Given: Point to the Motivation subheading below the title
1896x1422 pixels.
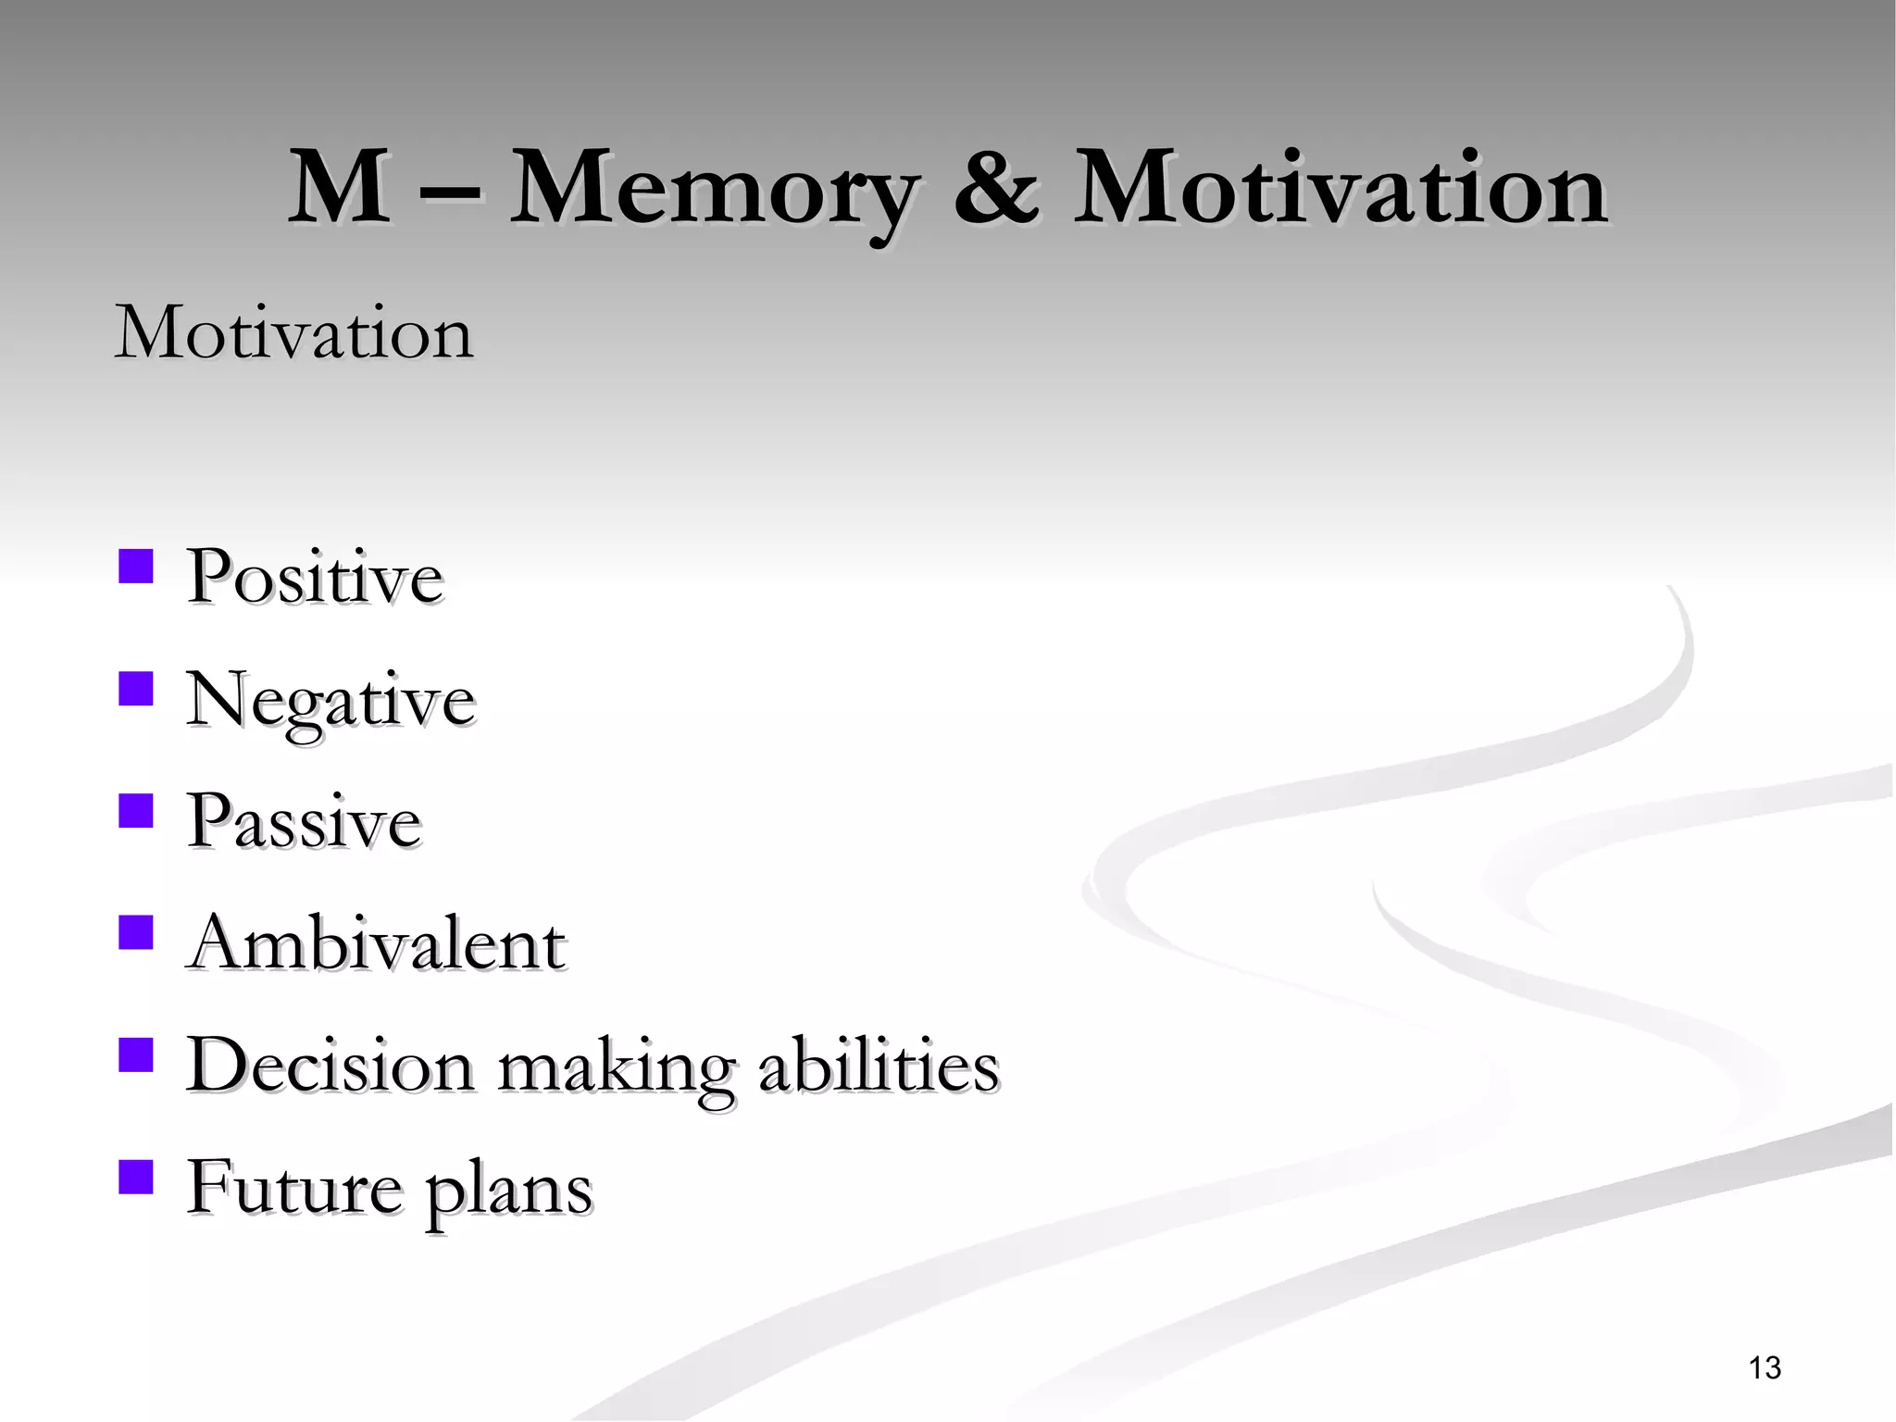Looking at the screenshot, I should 294,332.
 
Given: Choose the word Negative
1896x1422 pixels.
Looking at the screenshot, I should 331,701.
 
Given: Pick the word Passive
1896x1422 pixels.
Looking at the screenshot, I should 304,821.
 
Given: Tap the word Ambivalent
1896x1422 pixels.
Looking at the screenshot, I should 376,944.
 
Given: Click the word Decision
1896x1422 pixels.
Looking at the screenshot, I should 331,1066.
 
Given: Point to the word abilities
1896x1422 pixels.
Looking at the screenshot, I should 879,1066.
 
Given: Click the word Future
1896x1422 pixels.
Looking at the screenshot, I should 294,1188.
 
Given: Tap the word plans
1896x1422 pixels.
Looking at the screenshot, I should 508,1191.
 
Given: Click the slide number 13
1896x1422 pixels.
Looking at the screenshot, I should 1765,1368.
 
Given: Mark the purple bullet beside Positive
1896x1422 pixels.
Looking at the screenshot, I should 136,566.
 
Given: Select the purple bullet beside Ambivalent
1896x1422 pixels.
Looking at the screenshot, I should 136,933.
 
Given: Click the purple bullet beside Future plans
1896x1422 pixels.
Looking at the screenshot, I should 136,1178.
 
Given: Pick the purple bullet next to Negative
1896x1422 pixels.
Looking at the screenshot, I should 136,689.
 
